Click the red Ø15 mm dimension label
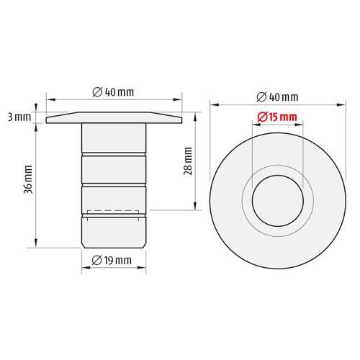277,117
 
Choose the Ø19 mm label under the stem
114,260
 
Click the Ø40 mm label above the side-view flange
114,91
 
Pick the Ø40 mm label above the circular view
277,97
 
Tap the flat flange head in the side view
114,118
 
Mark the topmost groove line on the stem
114,153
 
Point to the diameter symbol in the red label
261,117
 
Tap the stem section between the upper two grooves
114,169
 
